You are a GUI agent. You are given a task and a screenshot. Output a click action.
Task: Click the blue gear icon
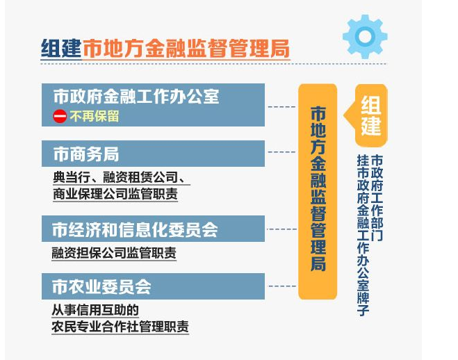click(x=365, y=37)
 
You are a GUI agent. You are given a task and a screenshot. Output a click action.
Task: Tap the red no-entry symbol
click(x=60, y=116)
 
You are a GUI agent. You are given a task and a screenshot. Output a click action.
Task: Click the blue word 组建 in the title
click(x=61, y=48)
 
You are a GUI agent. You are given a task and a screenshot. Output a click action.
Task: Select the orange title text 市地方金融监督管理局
click(x=186, y=48)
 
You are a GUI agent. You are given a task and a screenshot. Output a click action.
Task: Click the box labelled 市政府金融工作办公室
click(x=153, y=105)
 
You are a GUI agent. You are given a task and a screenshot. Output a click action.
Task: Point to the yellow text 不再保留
click(x=94, y=116)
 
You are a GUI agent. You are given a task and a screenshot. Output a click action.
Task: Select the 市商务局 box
click(x=153, y=154)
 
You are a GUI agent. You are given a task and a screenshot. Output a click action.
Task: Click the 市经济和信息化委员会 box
click(x=153, y=229)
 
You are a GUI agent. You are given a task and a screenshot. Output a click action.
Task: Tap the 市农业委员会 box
click(x=153, y=286)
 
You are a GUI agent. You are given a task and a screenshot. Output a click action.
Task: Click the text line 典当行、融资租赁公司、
click(x=121, y=177)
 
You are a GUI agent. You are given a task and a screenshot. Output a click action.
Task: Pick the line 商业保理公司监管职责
click(x=115, y=194)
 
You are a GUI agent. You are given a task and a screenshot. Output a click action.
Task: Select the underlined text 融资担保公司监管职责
click(x=114, y=252)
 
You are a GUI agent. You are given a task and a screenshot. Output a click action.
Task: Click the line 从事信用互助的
click(x=95, y=310)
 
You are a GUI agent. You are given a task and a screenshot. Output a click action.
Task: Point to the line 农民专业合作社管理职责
click(x=120, y=327)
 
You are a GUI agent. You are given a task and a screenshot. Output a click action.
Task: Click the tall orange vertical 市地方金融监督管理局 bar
click(x=318, y=192)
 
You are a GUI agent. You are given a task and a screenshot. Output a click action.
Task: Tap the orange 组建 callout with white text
click(x=368, y=115)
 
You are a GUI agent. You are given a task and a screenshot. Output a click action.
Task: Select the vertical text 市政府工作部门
click(x=377, y=198)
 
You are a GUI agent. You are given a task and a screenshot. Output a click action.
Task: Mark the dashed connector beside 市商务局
click(x=281, y=152)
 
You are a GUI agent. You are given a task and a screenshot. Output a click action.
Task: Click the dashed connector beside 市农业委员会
click(x=282, y=286)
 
